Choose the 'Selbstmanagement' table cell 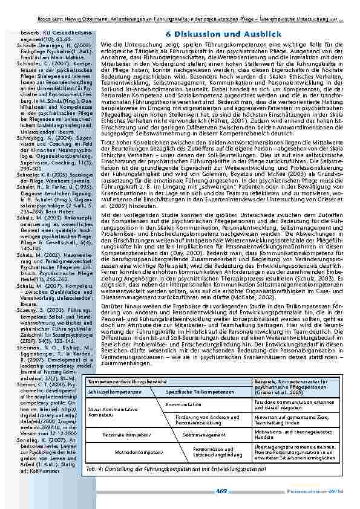[198, 434]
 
